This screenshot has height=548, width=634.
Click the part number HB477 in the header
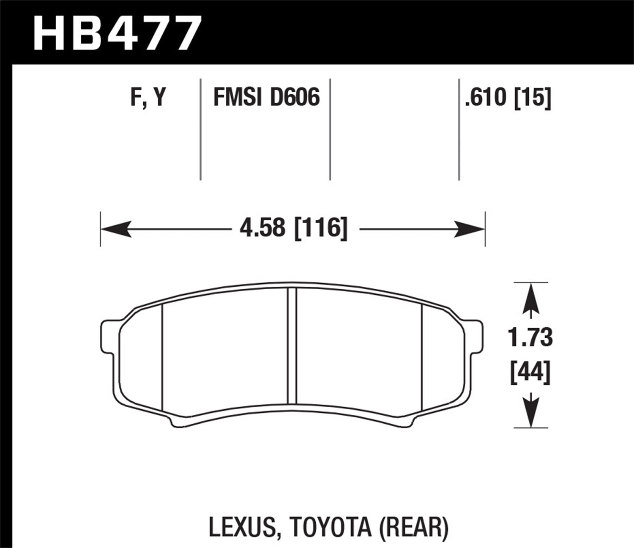click(115, 33)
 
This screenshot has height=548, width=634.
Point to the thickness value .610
click(486, 98)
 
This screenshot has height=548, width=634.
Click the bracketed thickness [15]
click(533, 98)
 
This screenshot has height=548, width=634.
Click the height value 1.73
click(530, 338)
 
